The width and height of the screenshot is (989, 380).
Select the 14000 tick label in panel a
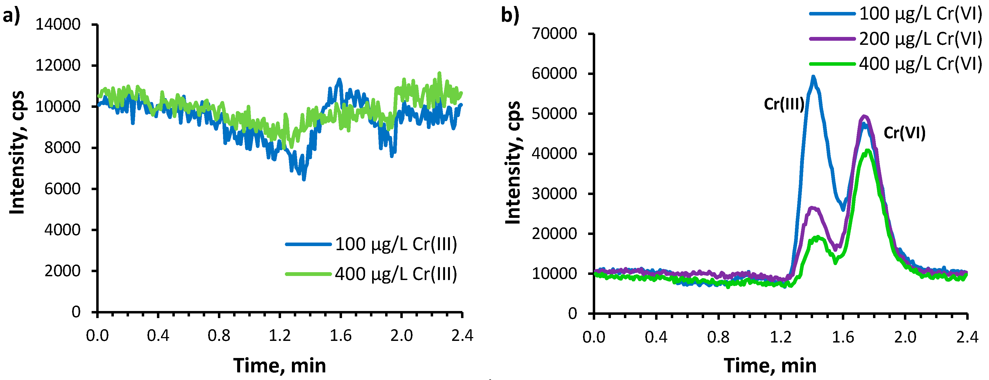pos(58,25)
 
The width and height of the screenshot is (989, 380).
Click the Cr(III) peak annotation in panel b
pos(784,104)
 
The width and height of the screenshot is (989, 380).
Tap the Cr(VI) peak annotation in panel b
pos(904,133)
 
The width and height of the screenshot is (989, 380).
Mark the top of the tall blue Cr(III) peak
pos(813,77)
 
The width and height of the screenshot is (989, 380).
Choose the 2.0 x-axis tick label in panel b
pos(905,337)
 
